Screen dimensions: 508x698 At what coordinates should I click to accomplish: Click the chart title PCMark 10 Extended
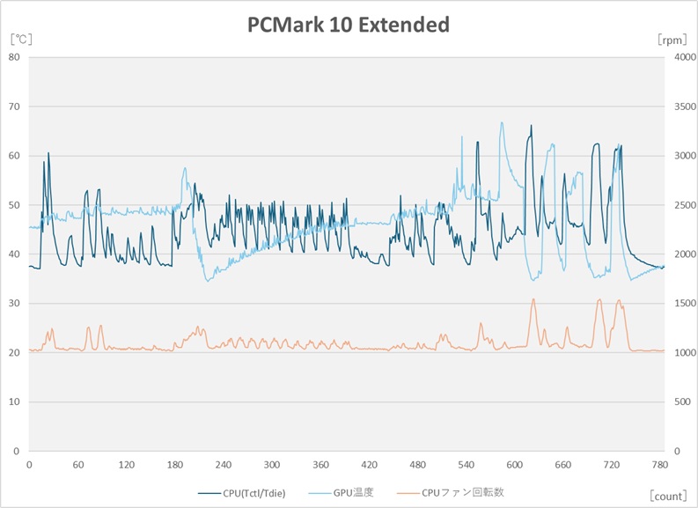(349, 25)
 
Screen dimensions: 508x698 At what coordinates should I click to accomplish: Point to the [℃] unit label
(19, 40)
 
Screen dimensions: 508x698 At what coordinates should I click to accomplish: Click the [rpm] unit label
(672, 40)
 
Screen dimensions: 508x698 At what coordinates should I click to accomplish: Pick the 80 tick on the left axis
(14, 57)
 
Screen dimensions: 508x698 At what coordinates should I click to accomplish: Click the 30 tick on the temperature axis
(14, 304)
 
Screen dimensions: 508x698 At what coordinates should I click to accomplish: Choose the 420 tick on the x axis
(369, 464)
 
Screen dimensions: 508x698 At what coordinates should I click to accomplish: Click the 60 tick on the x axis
(78, 464)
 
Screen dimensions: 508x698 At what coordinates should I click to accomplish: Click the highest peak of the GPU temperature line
(502, 122)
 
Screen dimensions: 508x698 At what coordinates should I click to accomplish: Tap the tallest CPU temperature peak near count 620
(531, 126)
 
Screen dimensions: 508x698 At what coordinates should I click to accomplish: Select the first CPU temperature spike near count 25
(48, 152)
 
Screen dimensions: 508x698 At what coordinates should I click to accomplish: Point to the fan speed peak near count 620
(533, 299)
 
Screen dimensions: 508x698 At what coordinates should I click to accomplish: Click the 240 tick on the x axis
(224, 464)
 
